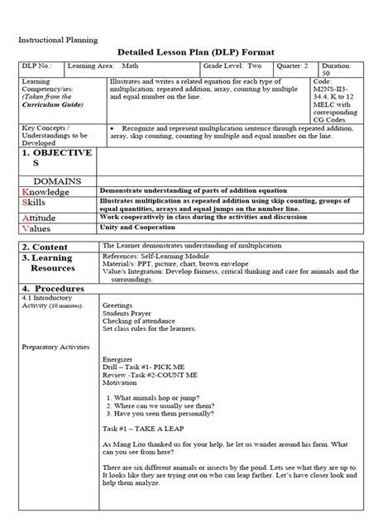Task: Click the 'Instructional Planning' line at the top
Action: (57, 39)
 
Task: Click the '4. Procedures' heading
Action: (55, 287)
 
